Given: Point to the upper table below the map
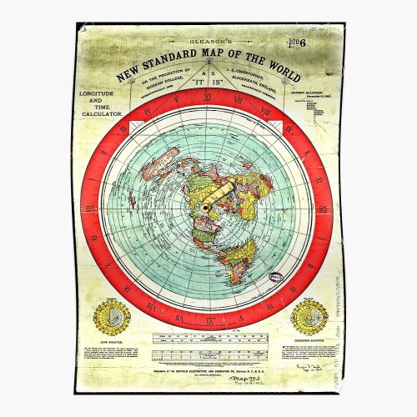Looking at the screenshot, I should (x=208, y=339).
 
